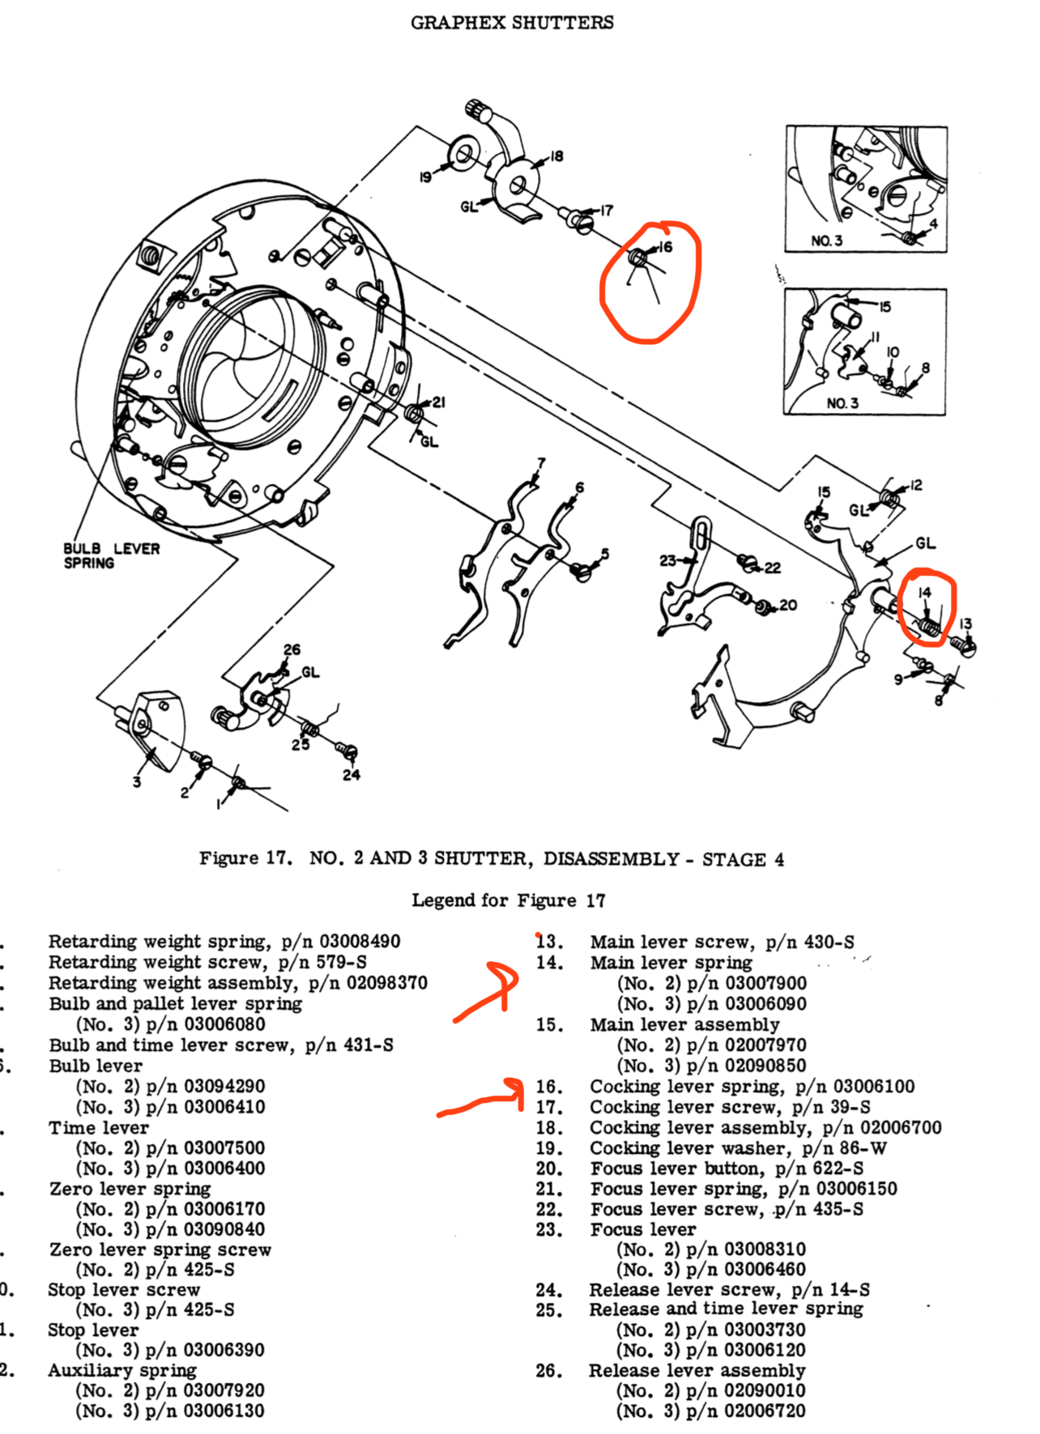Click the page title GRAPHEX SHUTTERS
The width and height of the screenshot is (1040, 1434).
pos(512,23)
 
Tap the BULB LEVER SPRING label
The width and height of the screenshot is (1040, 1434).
pos(111,555)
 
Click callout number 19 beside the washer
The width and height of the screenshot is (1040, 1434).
pos(425,177)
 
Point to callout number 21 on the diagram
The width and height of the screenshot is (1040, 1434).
pos(438,402)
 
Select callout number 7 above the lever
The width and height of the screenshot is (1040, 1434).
pos(541,463)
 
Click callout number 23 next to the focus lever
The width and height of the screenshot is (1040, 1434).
pos(667,560)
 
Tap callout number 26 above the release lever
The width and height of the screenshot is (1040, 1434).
pos(292,649)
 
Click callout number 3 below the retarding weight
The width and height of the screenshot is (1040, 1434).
pos(137,781)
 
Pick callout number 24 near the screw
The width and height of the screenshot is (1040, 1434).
pos(351,775)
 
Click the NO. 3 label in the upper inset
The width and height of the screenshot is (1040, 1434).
pos(826,241)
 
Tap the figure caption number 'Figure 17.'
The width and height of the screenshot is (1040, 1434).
pos(245,858)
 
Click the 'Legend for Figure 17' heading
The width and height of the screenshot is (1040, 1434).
pos(509,900)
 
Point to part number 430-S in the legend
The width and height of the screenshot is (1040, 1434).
pos(829,942)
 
